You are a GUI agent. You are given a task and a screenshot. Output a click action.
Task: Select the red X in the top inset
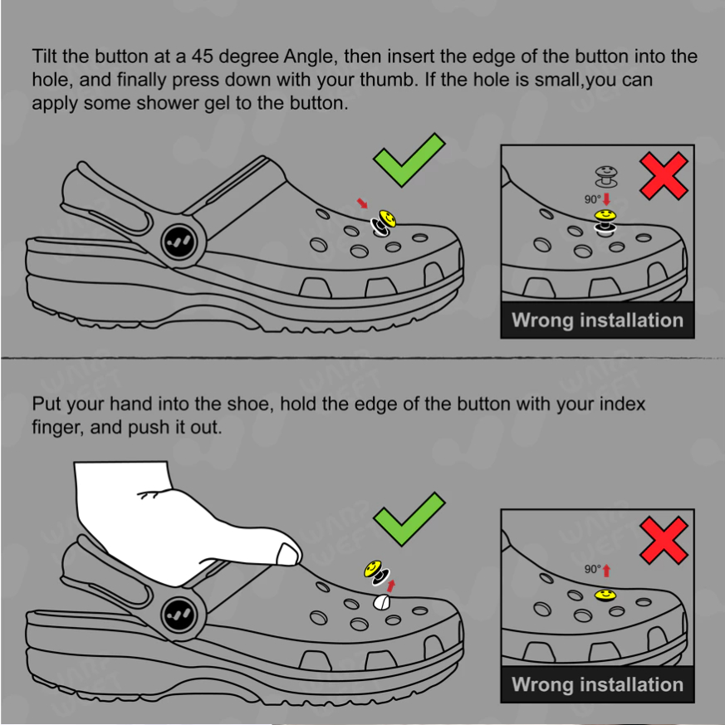664,176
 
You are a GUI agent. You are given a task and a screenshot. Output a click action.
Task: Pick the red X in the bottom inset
664,540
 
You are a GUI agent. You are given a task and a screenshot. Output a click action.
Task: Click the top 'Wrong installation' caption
597,320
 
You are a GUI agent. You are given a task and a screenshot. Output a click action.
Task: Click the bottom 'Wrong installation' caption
597,684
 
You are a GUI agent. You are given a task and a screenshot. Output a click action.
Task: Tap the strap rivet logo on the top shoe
179,242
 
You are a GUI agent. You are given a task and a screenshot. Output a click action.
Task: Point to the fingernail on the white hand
287,555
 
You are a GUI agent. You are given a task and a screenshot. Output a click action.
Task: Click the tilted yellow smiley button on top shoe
388,218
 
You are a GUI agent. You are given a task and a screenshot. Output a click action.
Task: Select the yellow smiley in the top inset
605,215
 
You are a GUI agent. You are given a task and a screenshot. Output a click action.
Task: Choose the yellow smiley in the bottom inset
605,595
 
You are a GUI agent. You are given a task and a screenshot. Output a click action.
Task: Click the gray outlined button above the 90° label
606,177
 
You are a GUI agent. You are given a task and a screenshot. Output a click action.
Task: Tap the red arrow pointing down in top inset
607,199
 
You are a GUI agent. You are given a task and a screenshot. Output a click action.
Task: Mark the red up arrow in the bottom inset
606,571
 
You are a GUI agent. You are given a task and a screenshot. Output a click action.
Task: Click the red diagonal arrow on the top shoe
362,203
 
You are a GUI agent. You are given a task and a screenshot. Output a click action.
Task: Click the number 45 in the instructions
202,56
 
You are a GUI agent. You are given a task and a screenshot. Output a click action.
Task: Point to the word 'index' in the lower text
622,404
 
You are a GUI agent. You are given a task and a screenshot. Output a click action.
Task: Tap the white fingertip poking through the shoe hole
381,602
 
